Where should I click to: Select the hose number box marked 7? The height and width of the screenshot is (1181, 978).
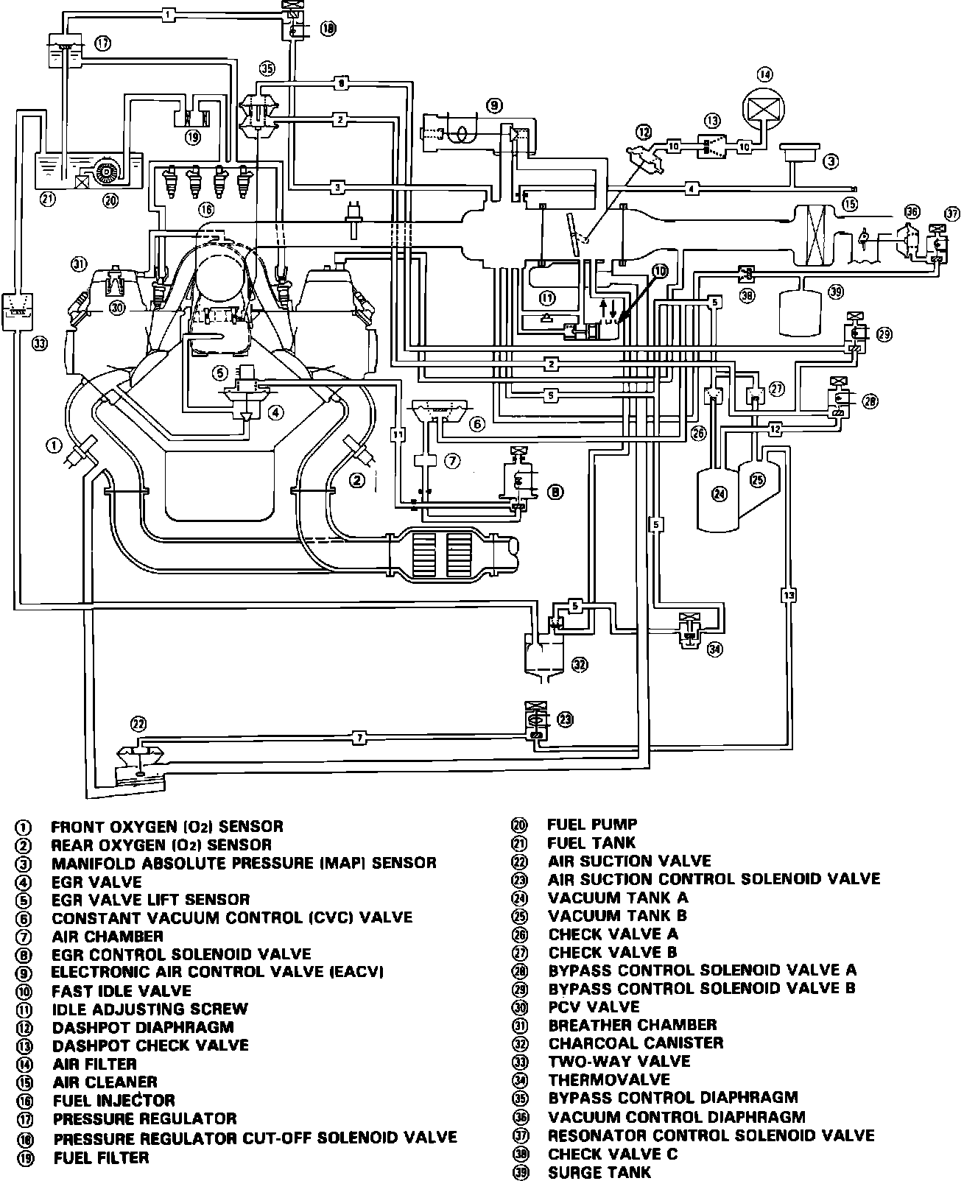(358, 736)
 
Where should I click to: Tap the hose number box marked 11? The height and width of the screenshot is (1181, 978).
(398, 434)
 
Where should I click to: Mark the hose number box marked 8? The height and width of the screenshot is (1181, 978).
(340, 83)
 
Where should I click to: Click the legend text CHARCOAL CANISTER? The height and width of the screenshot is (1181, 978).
(636, 1043)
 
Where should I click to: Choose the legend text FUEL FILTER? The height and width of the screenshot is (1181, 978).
(101, 1157)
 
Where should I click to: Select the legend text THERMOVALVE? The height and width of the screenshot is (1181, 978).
(609, 1079)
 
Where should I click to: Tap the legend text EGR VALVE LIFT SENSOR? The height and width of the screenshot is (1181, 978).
(151, 899)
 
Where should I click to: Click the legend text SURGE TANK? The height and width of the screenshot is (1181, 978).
(599, 1172)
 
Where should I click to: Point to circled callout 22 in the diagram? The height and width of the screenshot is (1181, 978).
(138, 723)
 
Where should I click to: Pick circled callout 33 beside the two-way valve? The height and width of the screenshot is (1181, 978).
(40, 343)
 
